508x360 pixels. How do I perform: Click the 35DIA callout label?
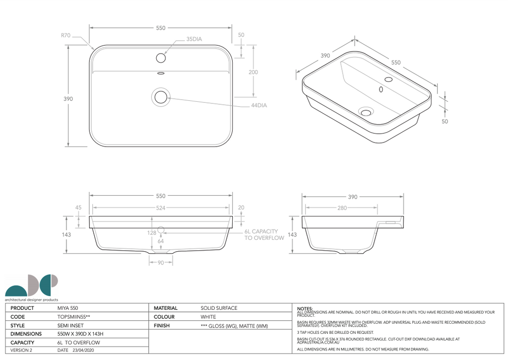tap(194, 39)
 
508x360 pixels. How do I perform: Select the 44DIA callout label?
tap(259, 105)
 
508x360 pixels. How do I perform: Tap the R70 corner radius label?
tap(65, 36)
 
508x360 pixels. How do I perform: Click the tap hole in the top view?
tap(160, 58)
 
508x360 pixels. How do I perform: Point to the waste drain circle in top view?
tap(161, 96)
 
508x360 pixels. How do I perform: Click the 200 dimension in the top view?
tap(253, 72)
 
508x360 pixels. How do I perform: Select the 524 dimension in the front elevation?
tap(160, 208)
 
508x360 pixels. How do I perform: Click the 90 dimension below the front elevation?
tap(161, 263)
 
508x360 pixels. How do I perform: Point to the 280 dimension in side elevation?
tap(342, 208)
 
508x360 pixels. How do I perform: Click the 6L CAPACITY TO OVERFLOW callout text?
tap(264, 235)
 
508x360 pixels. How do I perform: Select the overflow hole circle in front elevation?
tap(161, 231)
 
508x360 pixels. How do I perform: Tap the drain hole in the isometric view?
tap(367, 112)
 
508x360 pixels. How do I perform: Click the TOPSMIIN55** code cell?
tap(74, 317)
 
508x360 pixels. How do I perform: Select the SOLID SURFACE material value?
tap(219, 308)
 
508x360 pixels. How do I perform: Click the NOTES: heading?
tap(305, 308)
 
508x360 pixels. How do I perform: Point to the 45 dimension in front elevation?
tap(78, 208)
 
